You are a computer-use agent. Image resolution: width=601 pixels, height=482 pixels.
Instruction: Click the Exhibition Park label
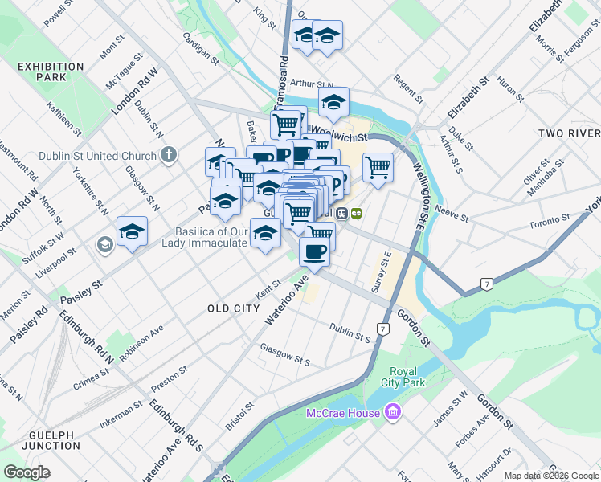pos(40,71)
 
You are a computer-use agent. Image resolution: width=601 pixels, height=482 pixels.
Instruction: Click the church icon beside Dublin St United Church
pos(169,154)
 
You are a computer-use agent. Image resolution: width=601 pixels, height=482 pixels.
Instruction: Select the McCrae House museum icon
pos(393,413)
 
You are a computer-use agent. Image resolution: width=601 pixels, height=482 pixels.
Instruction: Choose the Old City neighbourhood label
pos(233,308)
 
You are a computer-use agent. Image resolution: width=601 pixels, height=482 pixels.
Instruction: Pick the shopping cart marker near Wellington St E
pos(378,167)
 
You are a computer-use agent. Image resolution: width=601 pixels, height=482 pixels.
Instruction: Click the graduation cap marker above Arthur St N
pos(333,102)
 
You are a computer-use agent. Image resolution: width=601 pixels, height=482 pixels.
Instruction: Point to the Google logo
pos(27,472)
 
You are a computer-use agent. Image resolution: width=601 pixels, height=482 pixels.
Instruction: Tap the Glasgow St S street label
pos(284,355)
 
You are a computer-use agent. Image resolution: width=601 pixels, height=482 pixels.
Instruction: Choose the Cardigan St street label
pos(200,47)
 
